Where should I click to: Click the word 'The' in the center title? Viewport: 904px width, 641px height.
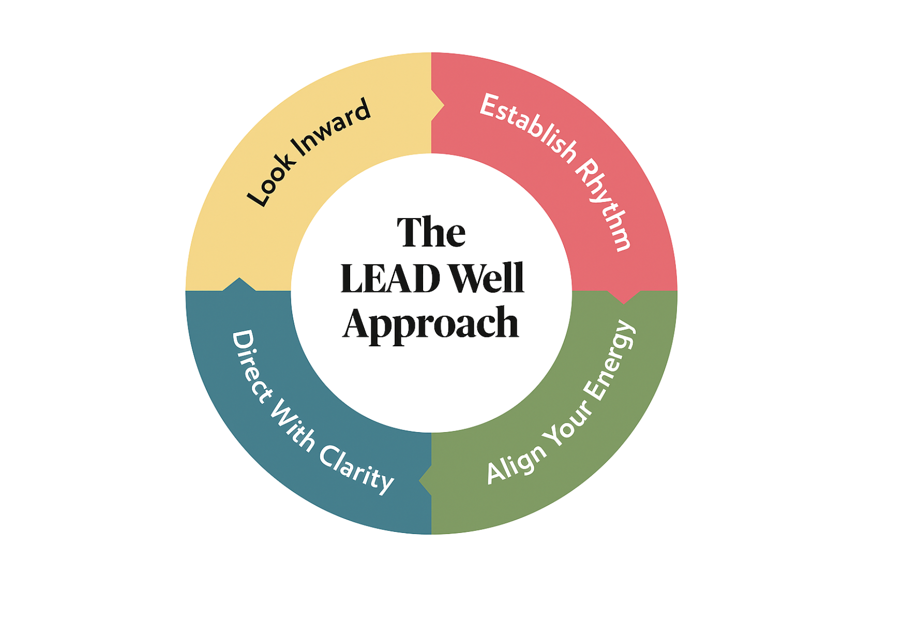click(431, 233)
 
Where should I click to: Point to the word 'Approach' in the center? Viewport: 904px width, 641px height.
click(430, 324)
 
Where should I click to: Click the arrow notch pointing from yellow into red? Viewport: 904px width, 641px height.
click(439, 106)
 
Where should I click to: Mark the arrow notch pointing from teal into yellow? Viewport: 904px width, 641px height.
click(239, 284)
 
